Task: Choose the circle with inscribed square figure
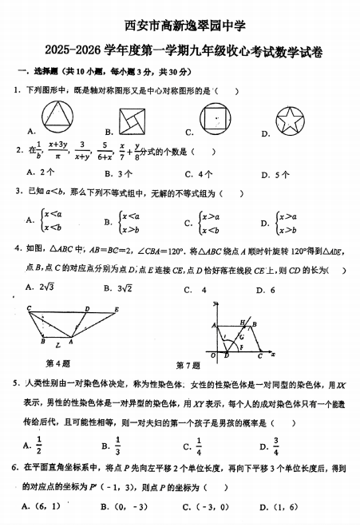216,120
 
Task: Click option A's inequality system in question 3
51,220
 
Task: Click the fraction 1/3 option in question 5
118,446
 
